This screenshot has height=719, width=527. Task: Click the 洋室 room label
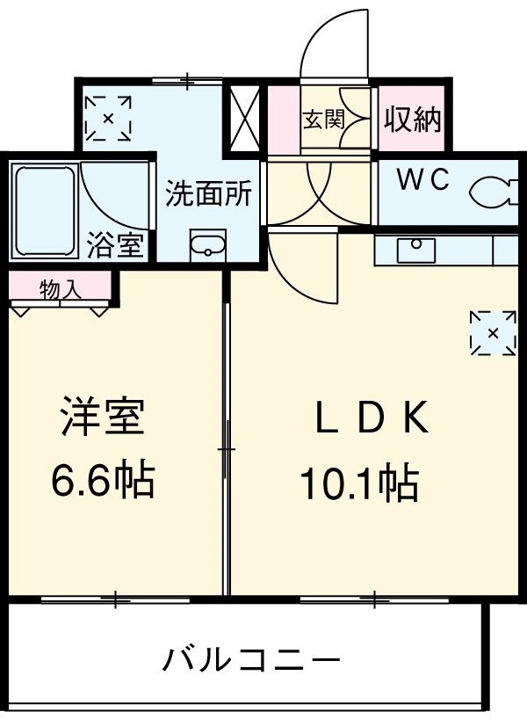point(102,418)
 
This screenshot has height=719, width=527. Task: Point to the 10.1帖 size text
point(358,482)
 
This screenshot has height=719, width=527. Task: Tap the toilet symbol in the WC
point(493,191)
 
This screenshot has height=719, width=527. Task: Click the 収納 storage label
point(410,120)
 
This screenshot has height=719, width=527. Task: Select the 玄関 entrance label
point(323,120)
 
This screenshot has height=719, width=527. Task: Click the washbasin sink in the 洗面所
point(208,244)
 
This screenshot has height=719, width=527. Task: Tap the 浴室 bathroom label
point(114,245)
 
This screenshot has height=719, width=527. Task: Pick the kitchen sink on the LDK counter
point(415,250)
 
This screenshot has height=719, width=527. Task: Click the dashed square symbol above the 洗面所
point(108,118)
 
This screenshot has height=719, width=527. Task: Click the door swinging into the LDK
point(299,264)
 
